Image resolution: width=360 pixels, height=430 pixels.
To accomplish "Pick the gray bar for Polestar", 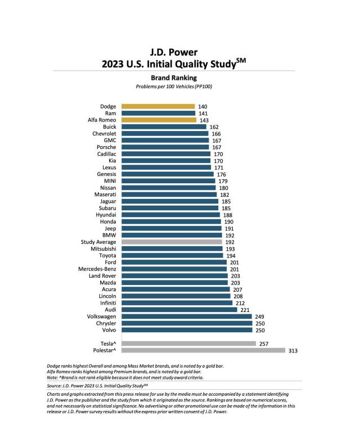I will point(204,350).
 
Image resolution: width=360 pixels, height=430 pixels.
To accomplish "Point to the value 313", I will point(292,350).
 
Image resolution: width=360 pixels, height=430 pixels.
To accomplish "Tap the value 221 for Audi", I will point(244,310).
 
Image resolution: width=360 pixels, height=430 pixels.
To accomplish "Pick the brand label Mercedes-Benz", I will point(97,269).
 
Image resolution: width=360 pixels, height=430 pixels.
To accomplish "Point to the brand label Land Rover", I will point(102,275).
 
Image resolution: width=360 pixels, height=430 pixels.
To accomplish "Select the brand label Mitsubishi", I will point(102,248).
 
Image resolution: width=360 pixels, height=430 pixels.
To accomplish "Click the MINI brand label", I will point(109,180).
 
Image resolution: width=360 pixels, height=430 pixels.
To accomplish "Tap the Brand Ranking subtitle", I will point(173,78).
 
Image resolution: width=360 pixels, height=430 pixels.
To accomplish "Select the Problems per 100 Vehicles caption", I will point(173,87).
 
